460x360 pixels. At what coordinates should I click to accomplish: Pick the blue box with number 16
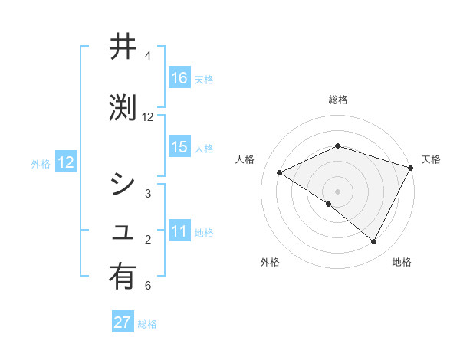(179, 78)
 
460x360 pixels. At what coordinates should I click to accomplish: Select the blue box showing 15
(179, 147)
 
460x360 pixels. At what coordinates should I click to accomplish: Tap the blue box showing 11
(179, 231)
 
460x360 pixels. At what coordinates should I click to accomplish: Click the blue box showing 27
(123, 322)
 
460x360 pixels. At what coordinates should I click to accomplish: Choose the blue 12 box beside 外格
(66, 162)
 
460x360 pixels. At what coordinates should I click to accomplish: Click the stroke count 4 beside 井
(147, 56)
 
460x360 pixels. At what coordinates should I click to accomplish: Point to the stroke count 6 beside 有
(147, 286)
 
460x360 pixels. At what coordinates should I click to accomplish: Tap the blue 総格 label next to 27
(147, 323)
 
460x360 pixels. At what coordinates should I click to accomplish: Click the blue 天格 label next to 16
(204, 79)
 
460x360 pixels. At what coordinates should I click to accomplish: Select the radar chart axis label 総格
(337, 100)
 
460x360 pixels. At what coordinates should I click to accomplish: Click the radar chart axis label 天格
(431, 159)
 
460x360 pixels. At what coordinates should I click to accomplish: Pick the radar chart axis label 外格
(270, 262)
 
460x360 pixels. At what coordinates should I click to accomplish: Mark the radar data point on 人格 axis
(280, 172)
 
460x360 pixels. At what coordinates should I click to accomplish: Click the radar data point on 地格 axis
(374, 242)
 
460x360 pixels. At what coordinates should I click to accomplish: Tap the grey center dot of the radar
(337, 191)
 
